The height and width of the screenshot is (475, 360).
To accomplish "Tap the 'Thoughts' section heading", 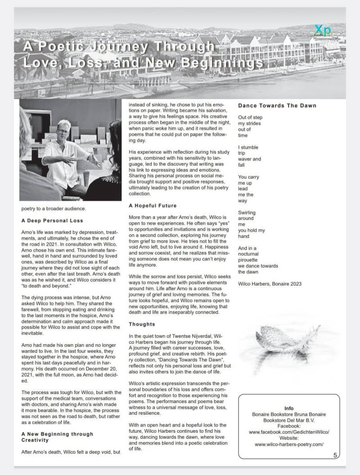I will (x=142, y=324).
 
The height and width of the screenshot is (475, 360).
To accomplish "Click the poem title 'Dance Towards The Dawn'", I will (x=277, y=106).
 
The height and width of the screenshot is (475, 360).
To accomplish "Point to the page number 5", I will (x=335, y=455).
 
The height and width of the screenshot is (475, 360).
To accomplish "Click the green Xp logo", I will (x=322, y=31).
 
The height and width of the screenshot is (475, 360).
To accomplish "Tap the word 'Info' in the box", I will (x=289, y=408).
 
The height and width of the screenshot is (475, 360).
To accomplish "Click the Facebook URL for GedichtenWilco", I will (x=289, y=432).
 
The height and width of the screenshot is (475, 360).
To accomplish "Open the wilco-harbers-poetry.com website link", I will (x=289, y=444).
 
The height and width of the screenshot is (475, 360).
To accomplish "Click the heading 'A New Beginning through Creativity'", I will (x=57, y=437).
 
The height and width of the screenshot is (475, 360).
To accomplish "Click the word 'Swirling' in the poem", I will (x=247, y=213).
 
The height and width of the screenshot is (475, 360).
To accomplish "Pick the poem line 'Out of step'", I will (x=250, y=118).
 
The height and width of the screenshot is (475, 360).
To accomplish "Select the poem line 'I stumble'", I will (x=248, y=148).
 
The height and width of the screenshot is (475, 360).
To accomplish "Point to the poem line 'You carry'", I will (x=248, y=177).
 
